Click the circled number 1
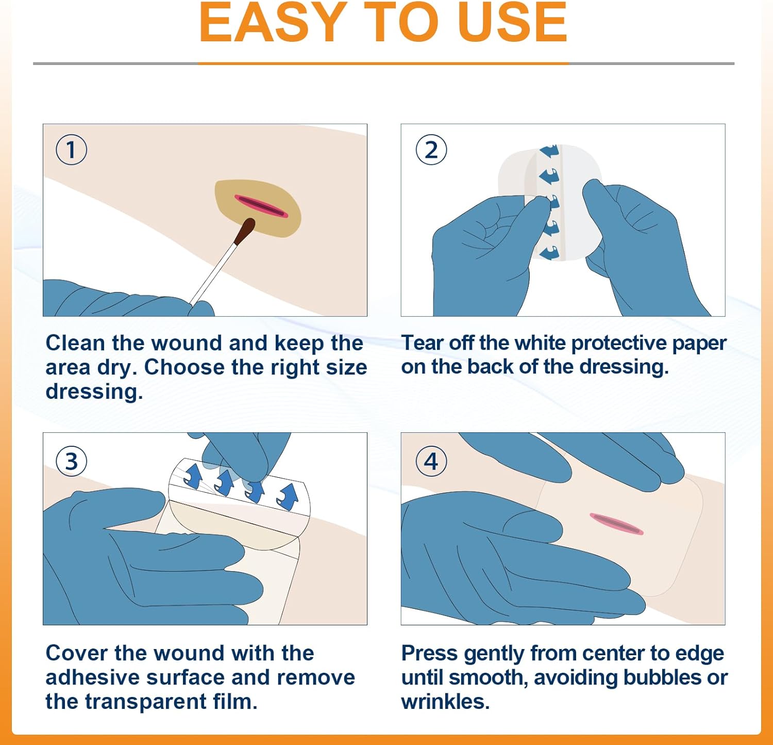pos(71,150)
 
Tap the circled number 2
pos(431,150)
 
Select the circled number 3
pos(71,461)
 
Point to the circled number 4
pos(431,461)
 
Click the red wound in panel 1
pos(261,206)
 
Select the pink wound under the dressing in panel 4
pos(616,524)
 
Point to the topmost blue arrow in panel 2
pos(549,151)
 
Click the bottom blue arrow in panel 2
pos(549,253)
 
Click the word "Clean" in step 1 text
pos(76,343)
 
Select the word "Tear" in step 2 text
pos(422,343)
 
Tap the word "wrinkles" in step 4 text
pos(445,702)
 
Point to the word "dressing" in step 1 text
pos(94,392)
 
